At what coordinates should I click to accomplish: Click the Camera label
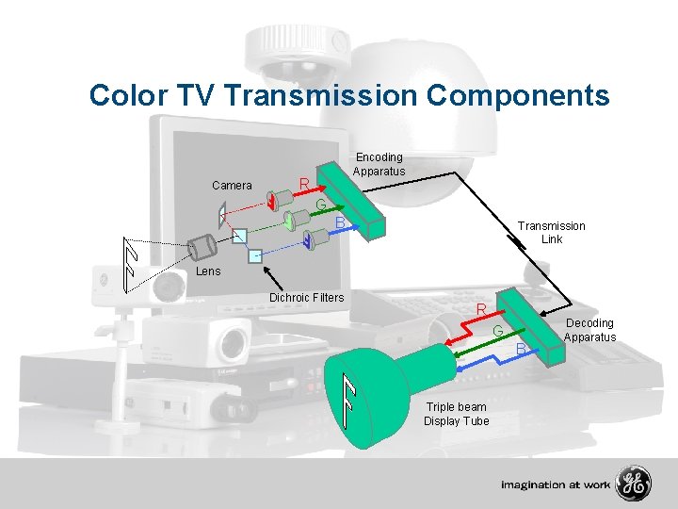coord(232,185)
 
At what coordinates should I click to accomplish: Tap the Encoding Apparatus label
coord(379,164)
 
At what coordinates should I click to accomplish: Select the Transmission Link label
coord(551,233)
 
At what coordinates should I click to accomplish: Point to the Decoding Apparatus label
coord(589,330)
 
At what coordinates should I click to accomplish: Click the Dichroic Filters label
coord(307,298)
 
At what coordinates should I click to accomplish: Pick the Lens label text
coord(208,271)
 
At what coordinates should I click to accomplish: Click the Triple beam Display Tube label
coord(456,414)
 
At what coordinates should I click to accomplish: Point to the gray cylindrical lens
coord(203,248)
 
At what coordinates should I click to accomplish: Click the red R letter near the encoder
coord(304,183)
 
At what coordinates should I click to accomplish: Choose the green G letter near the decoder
coord(498,330)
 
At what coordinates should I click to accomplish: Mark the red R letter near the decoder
coord(480,309)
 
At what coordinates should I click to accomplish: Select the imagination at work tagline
coord(556,485)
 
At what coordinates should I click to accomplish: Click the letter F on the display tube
coord(349,401)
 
